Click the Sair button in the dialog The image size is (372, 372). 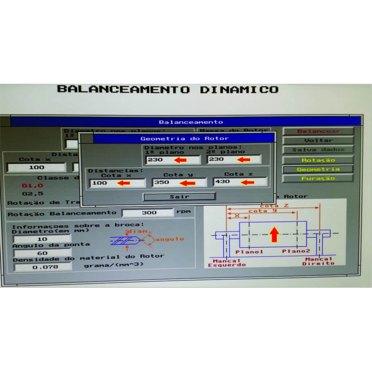pos(179,197)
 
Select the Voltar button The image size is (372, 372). pos(318,140)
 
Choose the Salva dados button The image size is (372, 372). pos(318,150)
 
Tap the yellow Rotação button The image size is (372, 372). pos(318,160)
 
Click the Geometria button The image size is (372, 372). pos(318,169)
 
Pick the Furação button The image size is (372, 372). pos(318,178)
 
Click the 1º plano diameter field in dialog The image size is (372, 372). pos(172,160)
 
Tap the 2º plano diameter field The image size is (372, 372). pos(233,159)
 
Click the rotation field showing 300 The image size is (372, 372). pos(148,213)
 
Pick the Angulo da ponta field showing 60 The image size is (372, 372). pos(42,253)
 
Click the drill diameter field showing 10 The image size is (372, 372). pos(42,239)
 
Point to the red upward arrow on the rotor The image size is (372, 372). pos(274,234)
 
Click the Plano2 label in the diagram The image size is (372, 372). pos(296,252)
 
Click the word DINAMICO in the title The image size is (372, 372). pos(239,90)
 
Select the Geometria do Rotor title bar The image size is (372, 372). pos(184,139)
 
